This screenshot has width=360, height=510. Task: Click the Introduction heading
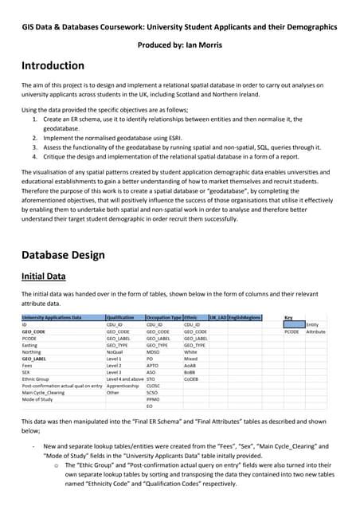coord(53,65)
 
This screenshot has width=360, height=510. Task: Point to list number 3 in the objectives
coord(36,147)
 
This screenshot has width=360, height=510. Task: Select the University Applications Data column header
coord(51,317)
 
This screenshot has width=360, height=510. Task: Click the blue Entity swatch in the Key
coord(294,324)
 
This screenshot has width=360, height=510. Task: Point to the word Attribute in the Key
coord(316,331)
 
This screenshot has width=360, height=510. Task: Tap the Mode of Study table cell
coord(39,399)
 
